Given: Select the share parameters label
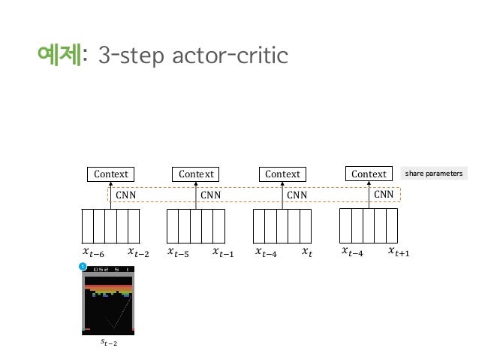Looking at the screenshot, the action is point(435,174).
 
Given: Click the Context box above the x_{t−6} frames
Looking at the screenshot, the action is point(110,174).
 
